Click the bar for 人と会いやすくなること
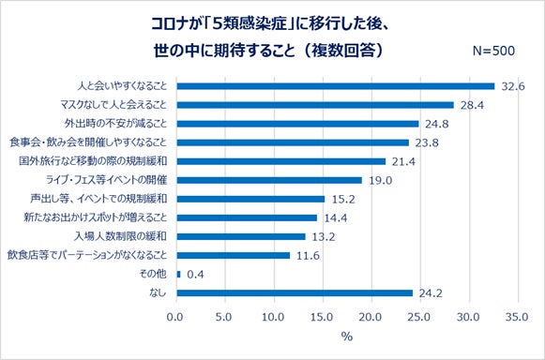tap(335, 86)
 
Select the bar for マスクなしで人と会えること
tap(314, 105)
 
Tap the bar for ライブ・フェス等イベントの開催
tap(268, 180)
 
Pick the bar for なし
tap(294, 292)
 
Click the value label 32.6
tap(512, 86)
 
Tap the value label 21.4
tap(403, 161)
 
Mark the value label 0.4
tap(196, 274)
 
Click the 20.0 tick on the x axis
tap(372, 316)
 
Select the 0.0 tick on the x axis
tap(175, 316)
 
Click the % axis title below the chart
tap(346, 336)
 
